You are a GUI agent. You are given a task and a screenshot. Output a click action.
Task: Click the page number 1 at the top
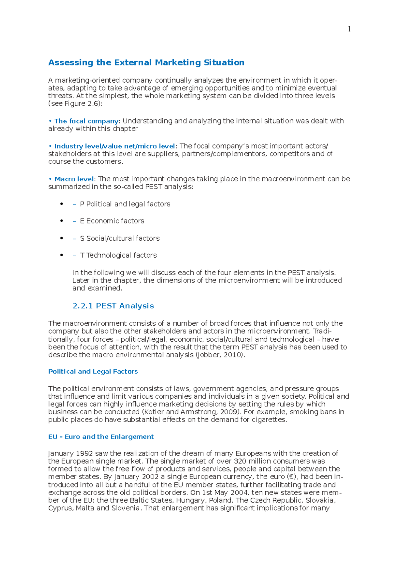(x=349, y=29)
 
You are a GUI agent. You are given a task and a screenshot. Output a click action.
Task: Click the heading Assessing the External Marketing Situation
(x=146, y=63)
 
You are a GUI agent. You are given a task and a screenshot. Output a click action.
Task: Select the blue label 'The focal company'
(x=86, y=121)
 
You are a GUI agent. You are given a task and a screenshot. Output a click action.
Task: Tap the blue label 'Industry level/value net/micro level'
(x=115, y=146)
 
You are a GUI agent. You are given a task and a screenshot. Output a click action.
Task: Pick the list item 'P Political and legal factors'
(x=125, y=204)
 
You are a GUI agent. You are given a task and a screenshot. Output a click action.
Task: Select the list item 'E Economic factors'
(x=112, y=221)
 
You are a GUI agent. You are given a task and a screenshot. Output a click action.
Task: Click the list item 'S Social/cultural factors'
(x=120, y=238)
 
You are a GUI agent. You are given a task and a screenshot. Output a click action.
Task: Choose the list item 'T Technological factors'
(x=118, y=255)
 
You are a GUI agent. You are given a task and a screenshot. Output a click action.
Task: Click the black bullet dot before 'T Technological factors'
(x=62, y=255)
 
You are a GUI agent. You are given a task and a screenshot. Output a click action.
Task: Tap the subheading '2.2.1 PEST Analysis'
(x=113, y=306)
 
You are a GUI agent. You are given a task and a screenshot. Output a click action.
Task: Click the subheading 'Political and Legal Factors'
(x=93, y=371)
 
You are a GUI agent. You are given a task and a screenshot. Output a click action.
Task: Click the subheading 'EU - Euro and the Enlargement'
(x=101, y=437)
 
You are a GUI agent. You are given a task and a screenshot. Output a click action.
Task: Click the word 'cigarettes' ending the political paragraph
(x=270, y=420)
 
